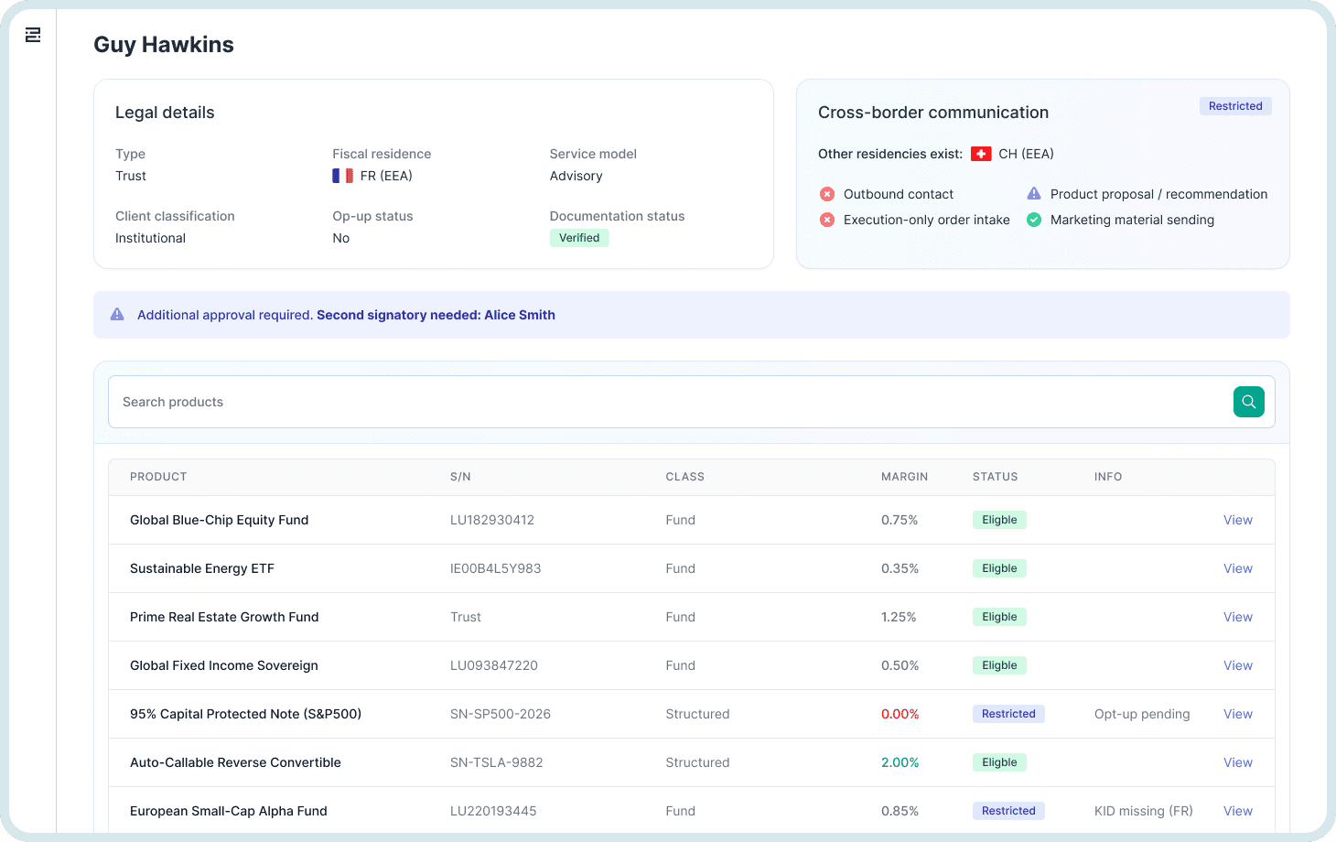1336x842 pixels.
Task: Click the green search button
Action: (1248, 402)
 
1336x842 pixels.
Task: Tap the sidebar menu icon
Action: (33, 35)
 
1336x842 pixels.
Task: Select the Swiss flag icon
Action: (981, 154)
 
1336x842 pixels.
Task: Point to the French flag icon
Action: (342, 176)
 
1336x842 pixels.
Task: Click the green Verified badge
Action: (579, 238)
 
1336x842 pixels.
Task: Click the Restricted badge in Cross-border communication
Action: (1234, 106)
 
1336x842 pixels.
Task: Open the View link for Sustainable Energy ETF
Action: (1237, 568)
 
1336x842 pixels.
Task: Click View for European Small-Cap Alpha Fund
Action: (1237, 811)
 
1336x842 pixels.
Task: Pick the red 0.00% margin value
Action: (900, 714)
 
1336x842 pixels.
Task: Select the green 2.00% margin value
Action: (900, 762)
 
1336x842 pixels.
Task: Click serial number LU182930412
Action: (491, 520)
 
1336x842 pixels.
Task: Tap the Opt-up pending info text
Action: (1141, 714)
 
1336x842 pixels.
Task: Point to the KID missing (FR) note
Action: (1143, 811)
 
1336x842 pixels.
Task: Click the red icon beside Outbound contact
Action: (827, 194)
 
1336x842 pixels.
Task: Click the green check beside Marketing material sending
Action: (1034, 220)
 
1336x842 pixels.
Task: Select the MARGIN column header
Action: (904, 477)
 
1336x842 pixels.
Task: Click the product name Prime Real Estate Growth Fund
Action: (224, 617)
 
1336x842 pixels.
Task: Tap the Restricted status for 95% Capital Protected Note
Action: (1007, 714)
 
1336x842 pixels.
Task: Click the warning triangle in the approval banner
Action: (117, 315)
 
